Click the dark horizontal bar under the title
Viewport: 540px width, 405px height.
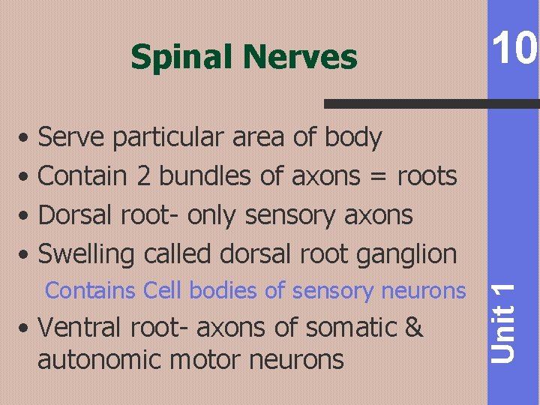[x=431, y=104]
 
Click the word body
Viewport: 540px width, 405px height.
[x=353, y=138]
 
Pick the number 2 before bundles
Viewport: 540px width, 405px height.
[x=143, y=176]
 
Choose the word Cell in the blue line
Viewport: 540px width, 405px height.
[x=159, y=289]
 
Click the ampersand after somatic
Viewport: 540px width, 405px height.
[x=414, y=328]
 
